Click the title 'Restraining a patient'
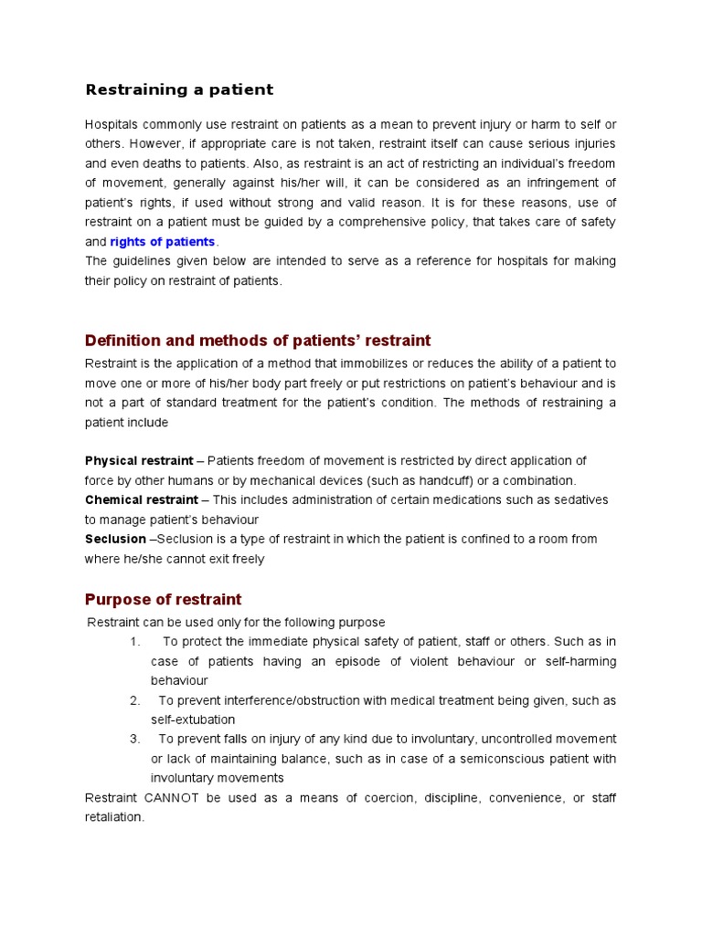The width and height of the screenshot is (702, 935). tap(179, 89)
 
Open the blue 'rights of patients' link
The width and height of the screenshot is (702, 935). tap(163, 242)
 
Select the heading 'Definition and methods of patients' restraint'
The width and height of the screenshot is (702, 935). tap(257, 341)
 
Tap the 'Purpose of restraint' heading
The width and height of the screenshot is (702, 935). tap(163, 600)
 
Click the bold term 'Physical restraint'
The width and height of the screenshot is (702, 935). tap(139, 461)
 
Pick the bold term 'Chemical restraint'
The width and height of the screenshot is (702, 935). tap(141, 500)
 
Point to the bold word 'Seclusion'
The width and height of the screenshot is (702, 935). tap(115, 539)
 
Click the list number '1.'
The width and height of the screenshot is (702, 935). tap(134, 642)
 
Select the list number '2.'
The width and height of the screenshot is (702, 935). tap(134, 700)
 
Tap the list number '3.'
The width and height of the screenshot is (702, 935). tap(134, 739)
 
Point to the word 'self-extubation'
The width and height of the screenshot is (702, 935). tap(193, 720)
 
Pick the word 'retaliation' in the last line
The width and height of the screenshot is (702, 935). tap(113, 817)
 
